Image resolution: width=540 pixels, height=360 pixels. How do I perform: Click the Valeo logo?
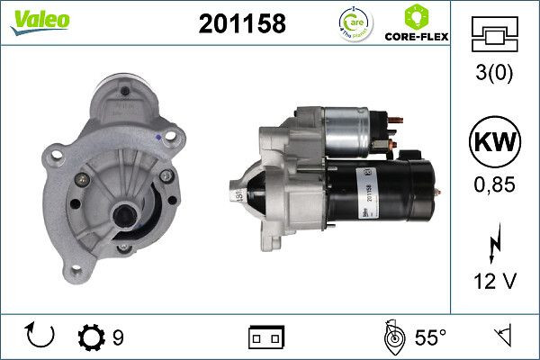(35, 21)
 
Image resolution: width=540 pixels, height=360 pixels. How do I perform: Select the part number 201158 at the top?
(241, 24)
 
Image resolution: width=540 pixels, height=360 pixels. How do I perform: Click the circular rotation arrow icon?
(41, 337)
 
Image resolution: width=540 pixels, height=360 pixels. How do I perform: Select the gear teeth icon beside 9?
(92, 337)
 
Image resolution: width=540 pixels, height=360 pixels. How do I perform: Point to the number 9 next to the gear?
(118, 338)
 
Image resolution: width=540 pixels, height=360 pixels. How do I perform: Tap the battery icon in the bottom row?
(265, 337)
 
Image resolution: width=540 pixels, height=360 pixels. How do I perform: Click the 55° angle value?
(431, 338)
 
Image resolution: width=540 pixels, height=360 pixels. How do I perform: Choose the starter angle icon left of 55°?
(393, 337)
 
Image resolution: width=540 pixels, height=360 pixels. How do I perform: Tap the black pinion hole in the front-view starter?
(122, 217)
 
